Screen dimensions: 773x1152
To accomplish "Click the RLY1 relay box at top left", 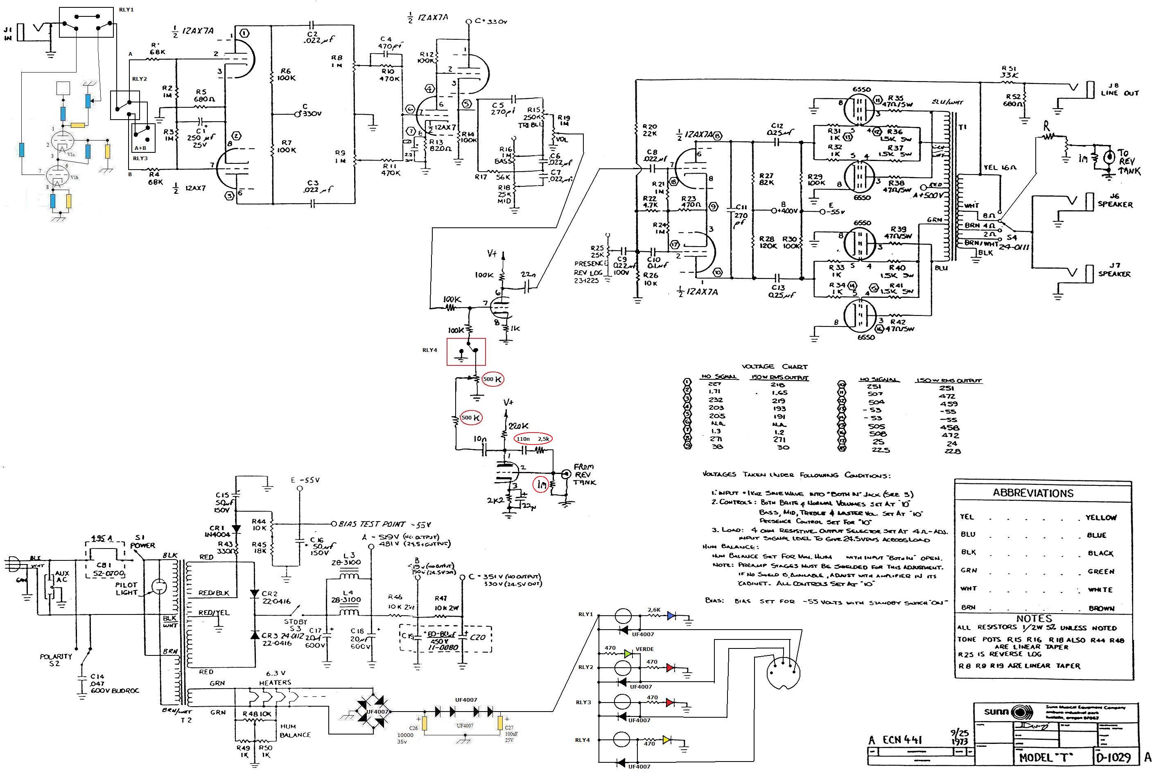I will (x=87, y=22).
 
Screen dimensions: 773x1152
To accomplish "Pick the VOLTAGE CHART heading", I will (x=775, y=366).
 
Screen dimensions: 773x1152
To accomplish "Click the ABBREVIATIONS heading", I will (x=1033, y=492).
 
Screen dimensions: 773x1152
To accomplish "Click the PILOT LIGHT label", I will (x=126, y=588).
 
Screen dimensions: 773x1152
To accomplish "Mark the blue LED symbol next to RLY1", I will (x=671, y=615).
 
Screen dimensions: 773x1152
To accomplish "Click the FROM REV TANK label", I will (x=584, y=474).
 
